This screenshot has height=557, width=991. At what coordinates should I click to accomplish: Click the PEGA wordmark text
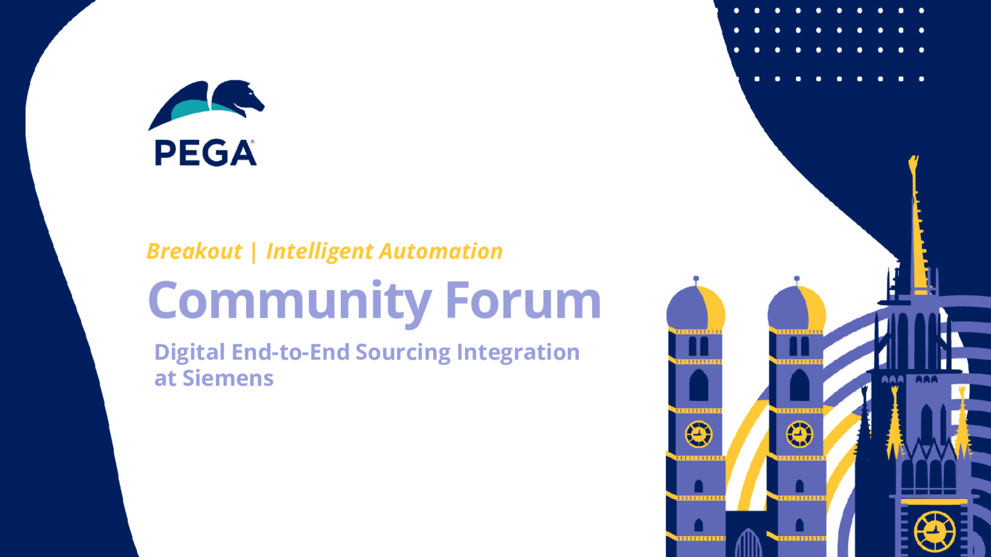[205, 152]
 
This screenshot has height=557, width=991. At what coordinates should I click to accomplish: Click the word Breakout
[194, 252]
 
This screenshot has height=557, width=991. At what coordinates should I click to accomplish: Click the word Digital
[190, 353]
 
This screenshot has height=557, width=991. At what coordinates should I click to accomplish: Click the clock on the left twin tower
[698, 434]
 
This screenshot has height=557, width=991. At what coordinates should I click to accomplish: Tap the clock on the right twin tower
[799, 434]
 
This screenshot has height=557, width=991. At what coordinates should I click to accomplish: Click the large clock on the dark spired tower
[934, 531]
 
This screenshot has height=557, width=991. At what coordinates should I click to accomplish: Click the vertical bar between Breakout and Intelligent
[253, 252]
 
